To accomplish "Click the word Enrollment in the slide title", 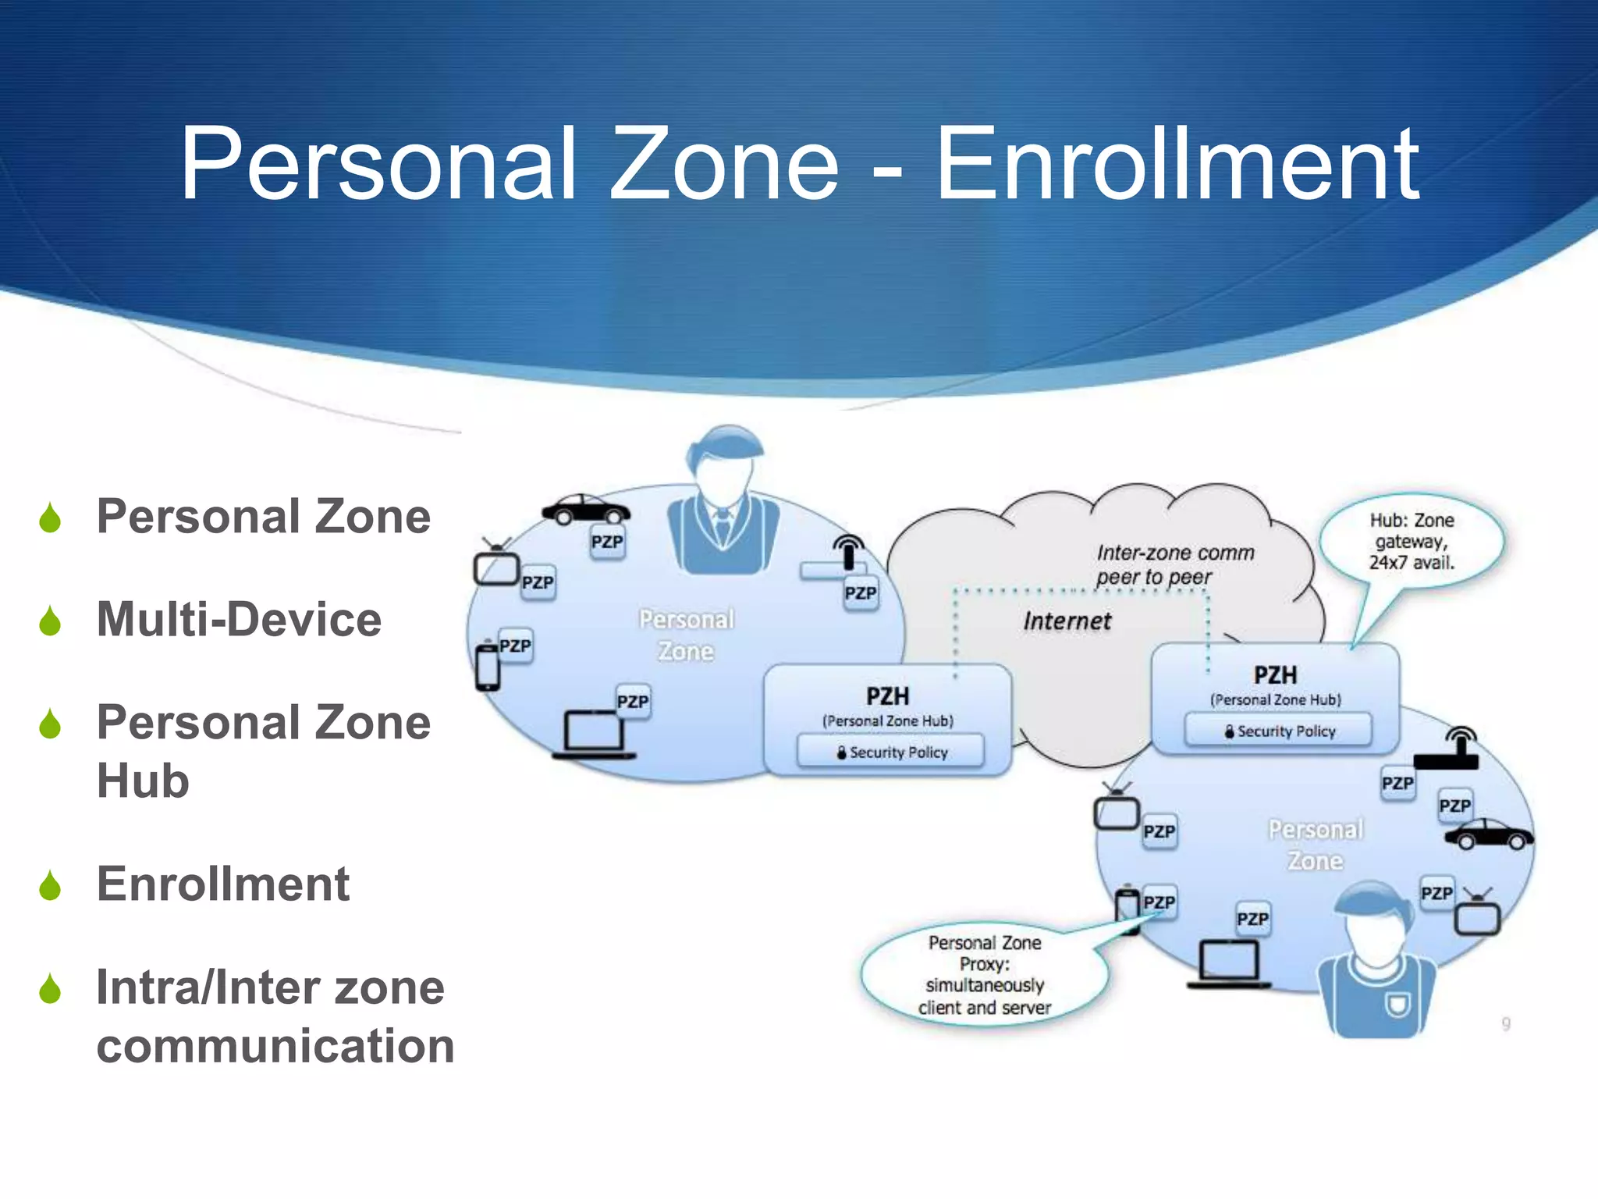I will (x=1177, y=165).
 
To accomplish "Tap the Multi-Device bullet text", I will (x=239, y=620).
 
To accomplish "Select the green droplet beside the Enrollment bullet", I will (x=50, y=885).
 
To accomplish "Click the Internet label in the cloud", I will (x=1067, y=621).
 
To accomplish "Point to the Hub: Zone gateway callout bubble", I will (x=1412, y=541).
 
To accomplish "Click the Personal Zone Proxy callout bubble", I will (x=984, y=975).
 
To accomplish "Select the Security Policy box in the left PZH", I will (x=890, y=752).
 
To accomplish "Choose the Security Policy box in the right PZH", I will (x=1278, y=731).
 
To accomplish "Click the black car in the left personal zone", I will (x=586, y=509).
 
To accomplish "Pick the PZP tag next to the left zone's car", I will (x=607, y=542).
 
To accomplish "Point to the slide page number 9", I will (x=1506, y=1023).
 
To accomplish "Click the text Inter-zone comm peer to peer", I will (x=1174, y=564).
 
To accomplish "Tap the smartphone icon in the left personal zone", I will (x=488, y=667).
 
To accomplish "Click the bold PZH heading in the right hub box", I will (x=1275, y=674).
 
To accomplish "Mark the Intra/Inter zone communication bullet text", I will (x=275, y=1016).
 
